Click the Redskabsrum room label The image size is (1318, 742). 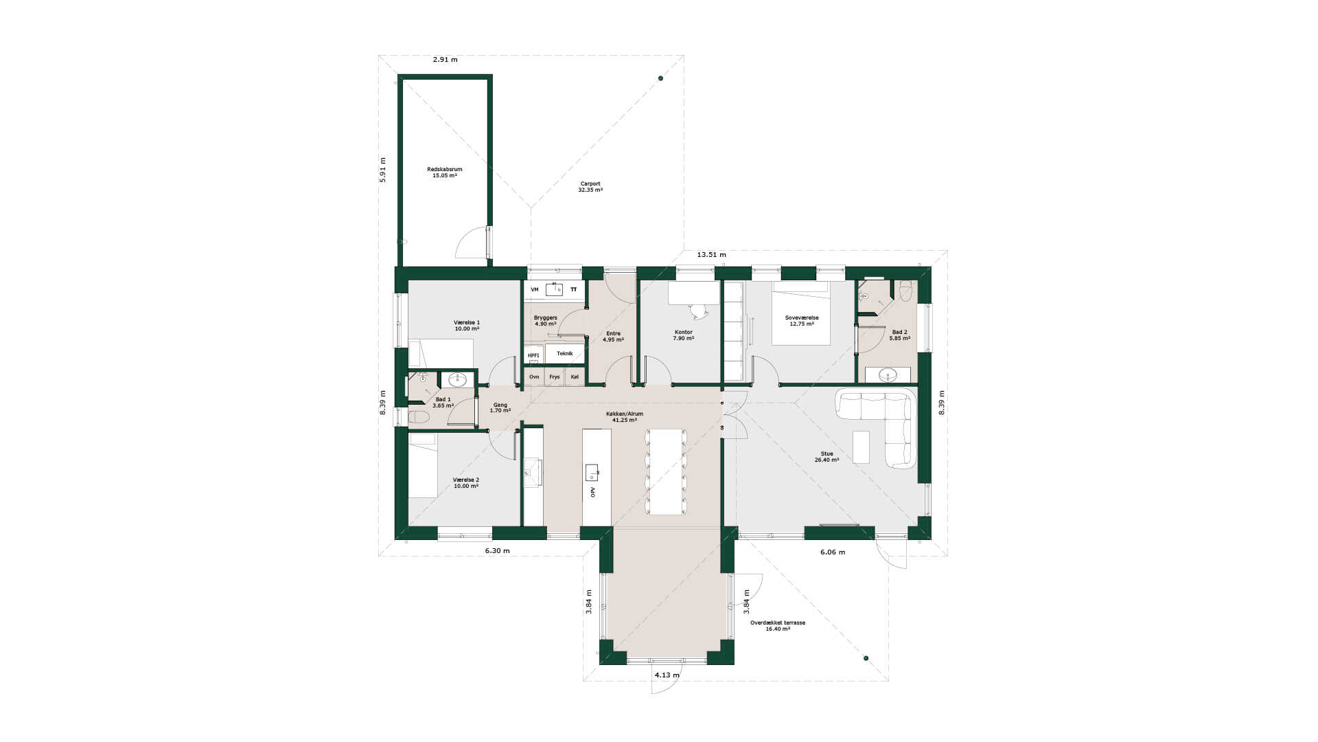click(x=444, y=169)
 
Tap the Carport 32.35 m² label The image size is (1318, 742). click(x=590, y=187)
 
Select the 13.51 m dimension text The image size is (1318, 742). click(x=711, y=255)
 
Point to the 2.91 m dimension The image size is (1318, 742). click(x=445, y=60)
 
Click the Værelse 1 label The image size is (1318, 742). click(x=467, y=322)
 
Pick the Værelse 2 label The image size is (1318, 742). click(x=466, y=480)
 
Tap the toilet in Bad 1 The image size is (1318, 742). click(x=419, y=416)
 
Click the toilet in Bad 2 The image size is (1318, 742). click(x=905, y=288)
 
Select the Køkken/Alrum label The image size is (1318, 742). click(x=625, y=414)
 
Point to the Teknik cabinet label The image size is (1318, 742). click(x=565, y=353)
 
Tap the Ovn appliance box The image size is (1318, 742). click(x=534, y=376)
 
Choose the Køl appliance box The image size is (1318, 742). click(x=575, y=376)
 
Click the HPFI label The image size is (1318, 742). click(x=533, y=355)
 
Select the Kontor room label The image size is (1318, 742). click(x=684, y=332)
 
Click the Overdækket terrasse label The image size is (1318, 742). click(x=778, y=622)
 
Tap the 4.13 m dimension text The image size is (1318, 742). click(x=667, y=675)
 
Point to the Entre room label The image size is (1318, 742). click(x=613, y=333)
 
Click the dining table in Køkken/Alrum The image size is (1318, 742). click(x=665, y=472)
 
